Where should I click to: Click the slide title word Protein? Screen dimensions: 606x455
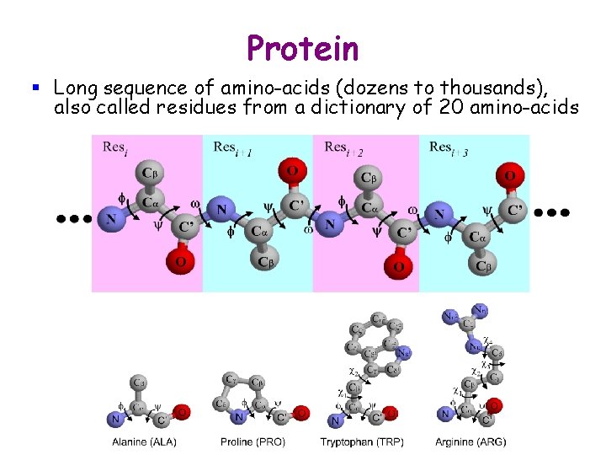(x=303, y=48)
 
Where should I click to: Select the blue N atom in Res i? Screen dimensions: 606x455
(x=109, y=219)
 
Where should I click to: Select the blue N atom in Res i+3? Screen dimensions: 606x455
(x=439, y=215)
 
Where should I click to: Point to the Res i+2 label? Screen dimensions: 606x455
(x=344, y=148)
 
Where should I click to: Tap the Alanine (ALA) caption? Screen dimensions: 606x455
(x=145, y=442)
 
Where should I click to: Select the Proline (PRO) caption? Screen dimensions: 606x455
(x=252, y=442)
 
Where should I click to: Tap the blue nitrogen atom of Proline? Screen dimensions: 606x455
(x=238, y=416)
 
